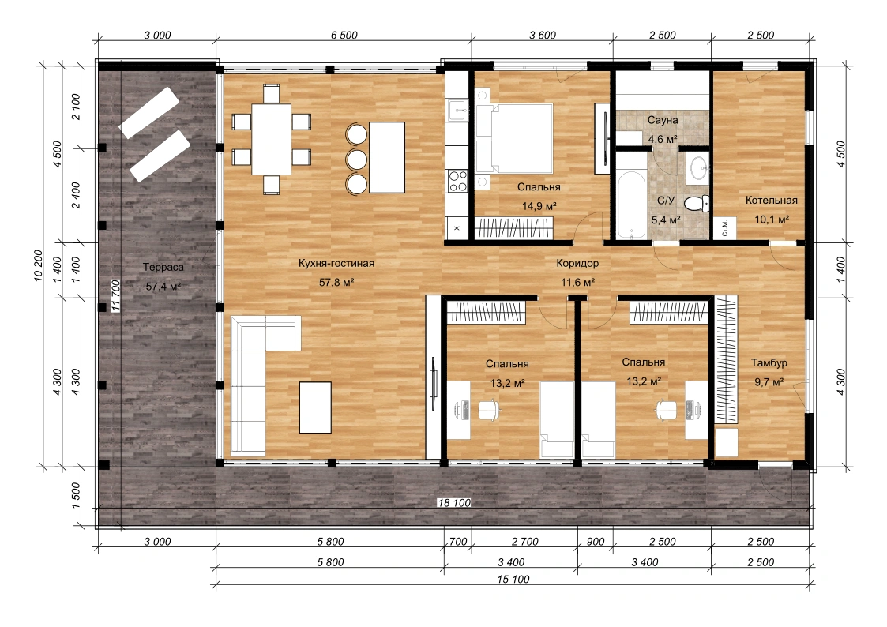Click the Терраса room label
coord(163,268)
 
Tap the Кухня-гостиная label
coord(336,263)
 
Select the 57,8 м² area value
coord(336,282)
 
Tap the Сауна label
coord(663,120)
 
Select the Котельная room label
coord(771,200)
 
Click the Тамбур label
coord(769,363)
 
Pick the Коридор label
coord(577,263)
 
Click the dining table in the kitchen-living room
coord(272,139)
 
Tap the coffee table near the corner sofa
coord(316,407)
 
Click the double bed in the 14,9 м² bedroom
coord(514,138)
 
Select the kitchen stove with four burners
coord(457,182)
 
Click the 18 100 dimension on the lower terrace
coord(453,502)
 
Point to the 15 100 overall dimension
coord(513,579)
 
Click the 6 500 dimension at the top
coord(344,35)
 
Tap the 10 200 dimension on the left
coord(39,265)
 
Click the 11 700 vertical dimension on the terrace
coord(116,295)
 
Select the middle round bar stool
coord(357,160)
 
